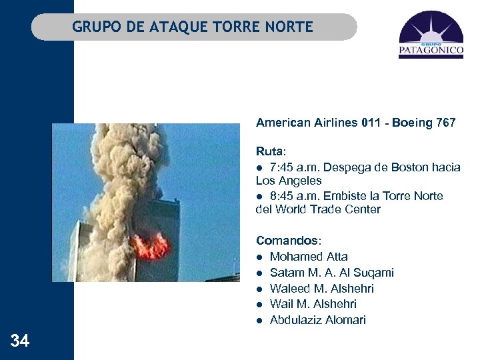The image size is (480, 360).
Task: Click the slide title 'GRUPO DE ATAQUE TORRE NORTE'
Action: point(193,27)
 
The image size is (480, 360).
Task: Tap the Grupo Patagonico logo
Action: point(431,35)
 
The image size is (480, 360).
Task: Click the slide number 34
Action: point(20,341)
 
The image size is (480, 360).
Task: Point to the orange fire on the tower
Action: point(150,245)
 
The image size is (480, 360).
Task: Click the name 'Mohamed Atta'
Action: point(309,257)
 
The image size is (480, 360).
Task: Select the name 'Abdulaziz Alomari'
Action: point(317,320)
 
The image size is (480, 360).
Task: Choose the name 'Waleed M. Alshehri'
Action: point(321,289)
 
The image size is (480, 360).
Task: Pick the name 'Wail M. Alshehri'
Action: point(313,304)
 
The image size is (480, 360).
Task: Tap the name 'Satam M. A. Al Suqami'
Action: point(331,273)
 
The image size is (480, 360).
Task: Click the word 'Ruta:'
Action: point(270,151)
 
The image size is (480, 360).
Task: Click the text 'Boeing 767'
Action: point(424,123)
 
